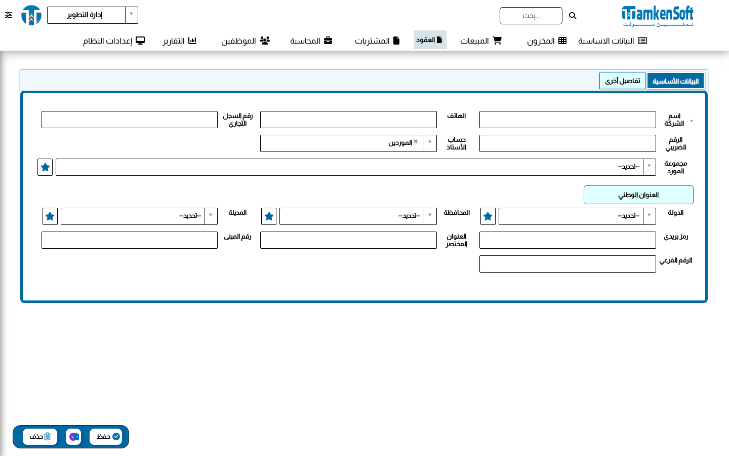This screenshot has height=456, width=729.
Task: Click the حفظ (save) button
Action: pos(106,436)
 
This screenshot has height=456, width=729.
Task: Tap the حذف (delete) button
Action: pos(40,436)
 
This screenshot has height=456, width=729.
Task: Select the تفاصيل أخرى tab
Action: pos(622,81)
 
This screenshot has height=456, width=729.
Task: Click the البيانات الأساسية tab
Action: pos(675,81)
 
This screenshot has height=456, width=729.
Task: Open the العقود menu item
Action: pos(430,40)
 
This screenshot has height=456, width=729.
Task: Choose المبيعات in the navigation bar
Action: pos(481,41)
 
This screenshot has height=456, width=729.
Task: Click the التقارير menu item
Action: pos(180,41)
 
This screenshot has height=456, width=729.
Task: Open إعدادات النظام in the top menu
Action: pos(114,41)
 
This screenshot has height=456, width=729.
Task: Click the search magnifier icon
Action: pos(573,16)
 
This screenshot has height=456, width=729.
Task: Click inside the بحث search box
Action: pos(531,16)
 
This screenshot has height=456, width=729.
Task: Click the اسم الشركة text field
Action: pos(568,120)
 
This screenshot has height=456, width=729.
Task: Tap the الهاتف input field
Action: pos(348,120)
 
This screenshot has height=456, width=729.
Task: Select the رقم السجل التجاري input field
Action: pos(130,120)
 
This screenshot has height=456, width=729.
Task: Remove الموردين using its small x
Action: pos(416,141)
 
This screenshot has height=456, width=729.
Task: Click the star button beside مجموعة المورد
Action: pos(45,167)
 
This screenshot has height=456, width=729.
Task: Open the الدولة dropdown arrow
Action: pos(649,215)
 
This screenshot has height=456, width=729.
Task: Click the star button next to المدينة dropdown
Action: pos(50,216)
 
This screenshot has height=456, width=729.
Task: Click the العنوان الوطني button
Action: pos(638,195)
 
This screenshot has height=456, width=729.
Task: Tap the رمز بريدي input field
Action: pos(568,240)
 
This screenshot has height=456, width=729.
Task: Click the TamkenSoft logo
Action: pos(658,16)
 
